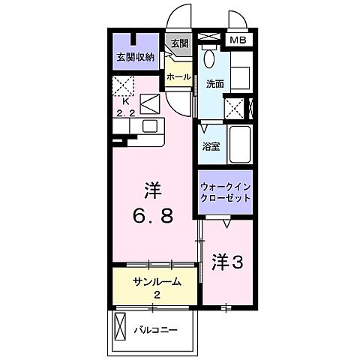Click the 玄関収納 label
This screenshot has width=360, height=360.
(x=135, y=56)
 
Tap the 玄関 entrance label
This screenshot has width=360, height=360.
(x=178, y=44)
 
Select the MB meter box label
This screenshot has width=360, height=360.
(x=236, y=40)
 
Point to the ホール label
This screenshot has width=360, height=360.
(x=178, y=77)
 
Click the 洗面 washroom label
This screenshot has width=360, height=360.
(x=214, y=84)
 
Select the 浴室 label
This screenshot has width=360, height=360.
(x=211, y=148)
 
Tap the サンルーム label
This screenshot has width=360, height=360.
(x=157, y=283)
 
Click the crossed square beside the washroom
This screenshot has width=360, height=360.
(x=236, y=109)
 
